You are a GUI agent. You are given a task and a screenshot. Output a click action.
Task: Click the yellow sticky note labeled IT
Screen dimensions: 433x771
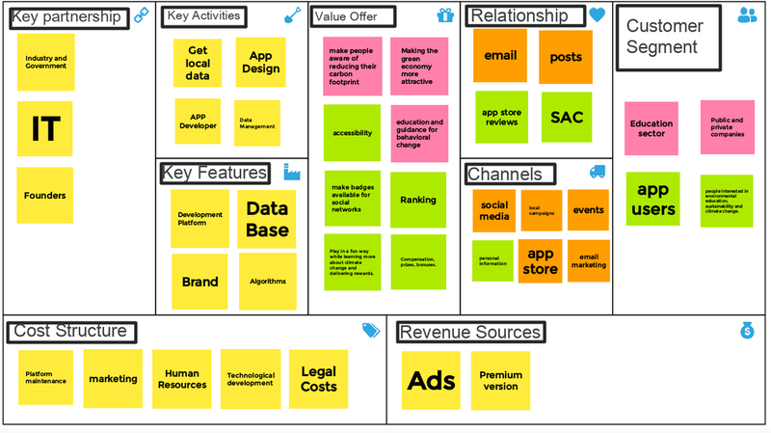point(44,128)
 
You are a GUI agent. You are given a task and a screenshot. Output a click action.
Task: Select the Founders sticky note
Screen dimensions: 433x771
point(44,195)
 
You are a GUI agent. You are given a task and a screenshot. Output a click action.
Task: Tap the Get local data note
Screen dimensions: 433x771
point(198,63)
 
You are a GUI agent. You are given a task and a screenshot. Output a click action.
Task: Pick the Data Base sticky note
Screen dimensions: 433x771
point(266,219)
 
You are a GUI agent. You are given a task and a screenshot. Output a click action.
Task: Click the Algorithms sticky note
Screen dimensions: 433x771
point(267,282)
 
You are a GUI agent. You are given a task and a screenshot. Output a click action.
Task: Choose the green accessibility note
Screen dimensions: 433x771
point(352,133)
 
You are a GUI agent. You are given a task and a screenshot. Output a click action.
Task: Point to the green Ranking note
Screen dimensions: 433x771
point(418,200)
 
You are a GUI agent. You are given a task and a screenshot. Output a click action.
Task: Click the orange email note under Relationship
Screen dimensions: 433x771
point(500,56)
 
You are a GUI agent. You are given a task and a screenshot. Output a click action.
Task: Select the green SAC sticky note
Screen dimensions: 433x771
point(567,118)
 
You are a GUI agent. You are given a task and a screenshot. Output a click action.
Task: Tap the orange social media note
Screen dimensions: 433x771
point(493,210)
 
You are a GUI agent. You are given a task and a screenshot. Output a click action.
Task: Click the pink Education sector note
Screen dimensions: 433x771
point(651,128)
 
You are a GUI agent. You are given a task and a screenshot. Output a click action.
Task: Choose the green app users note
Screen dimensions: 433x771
point(652,199)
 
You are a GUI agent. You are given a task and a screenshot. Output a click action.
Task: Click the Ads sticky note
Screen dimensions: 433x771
point(431,380)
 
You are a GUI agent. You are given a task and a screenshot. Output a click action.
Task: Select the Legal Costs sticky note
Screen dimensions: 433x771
point(318,379)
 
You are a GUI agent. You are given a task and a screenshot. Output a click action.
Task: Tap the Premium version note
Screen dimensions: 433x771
point(500,380)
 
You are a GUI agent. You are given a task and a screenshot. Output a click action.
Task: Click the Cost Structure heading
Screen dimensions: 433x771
point(69,332)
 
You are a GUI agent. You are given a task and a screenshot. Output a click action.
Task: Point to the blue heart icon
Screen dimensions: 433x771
point(598,15)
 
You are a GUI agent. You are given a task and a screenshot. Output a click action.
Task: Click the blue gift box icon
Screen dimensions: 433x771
point(444,15)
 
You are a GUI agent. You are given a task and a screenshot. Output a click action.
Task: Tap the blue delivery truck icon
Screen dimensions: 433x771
point(598,173)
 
